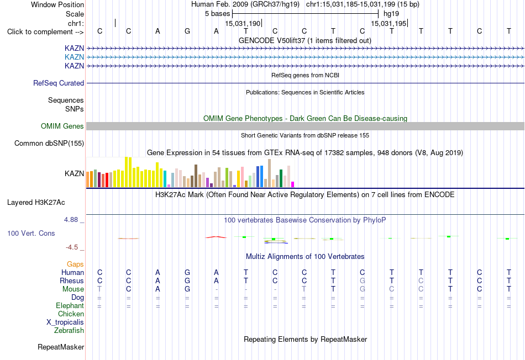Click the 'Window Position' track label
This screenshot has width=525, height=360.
[x=57, y=4]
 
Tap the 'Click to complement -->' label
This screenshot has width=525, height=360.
[x=45, y=32]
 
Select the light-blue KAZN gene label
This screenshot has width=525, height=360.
[x=75, y=57]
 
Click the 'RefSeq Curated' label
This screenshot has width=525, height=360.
[x=59, y=83]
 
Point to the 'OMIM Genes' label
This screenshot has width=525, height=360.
[x=62, y=126]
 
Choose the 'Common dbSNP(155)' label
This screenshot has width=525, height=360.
[x=49, y=143]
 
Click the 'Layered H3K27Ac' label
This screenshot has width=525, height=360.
[x=36, y=203]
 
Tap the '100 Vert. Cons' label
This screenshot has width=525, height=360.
[x=31, y=233]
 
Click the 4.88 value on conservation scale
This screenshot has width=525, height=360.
[x=71, y=220]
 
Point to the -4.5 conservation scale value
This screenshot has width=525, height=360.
[x=72, y=247]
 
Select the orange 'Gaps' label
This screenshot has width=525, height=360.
[x=75, y=264]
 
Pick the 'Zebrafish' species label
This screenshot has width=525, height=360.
[x=69, y=331]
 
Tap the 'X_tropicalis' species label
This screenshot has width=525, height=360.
[x=65, y=322]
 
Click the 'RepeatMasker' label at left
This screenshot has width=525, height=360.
[x=61, y=347]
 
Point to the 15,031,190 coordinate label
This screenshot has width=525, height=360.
[x=243, y=23]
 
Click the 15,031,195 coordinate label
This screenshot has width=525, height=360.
[x=389, y=23]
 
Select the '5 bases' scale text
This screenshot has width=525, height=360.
[x=218, y=14]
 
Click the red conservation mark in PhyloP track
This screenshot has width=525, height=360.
[x=216, y=237]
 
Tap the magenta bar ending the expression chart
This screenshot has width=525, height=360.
[x=293, y=184]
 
